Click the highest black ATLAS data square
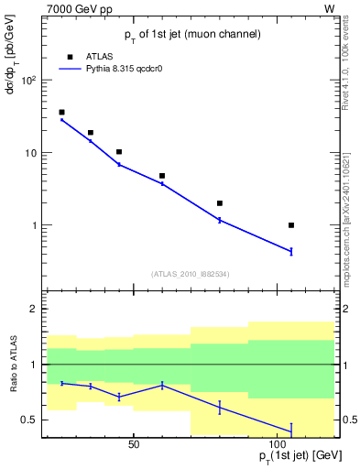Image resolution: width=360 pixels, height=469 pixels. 61,112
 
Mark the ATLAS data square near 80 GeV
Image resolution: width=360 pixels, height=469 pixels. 220,203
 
